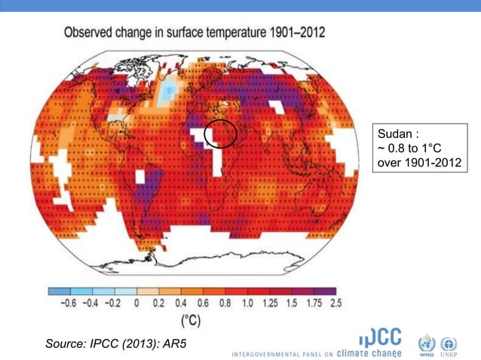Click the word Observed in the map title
tap(91, 33)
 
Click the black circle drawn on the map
tap(221, 133)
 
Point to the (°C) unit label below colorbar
tap(191, 320)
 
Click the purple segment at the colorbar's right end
tap(325, 291)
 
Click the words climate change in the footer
tap(369, 352)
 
